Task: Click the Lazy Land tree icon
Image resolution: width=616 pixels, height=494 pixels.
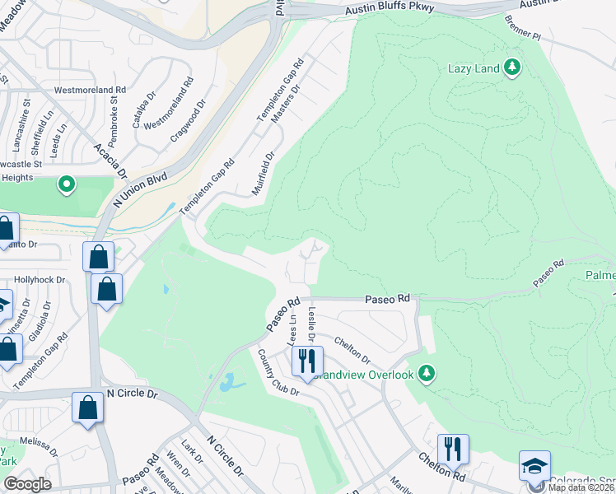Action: click(x=513, y=68)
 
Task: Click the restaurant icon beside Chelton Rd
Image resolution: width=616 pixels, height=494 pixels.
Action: click(x=453, y=450)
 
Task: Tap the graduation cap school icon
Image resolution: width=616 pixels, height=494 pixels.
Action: click(x=534, y=466)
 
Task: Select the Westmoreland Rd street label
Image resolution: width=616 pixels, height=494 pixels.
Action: click(x=88, y=89)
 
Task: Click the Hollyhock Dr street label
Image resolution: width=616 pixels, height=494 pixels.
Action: click(x=39, y=280)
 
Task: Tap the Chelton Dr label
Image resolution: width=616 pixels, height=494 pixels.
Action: click(x=352, y=351)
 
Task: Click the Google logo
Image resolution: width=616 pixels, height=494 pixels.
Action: click(x=27, y=483)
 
